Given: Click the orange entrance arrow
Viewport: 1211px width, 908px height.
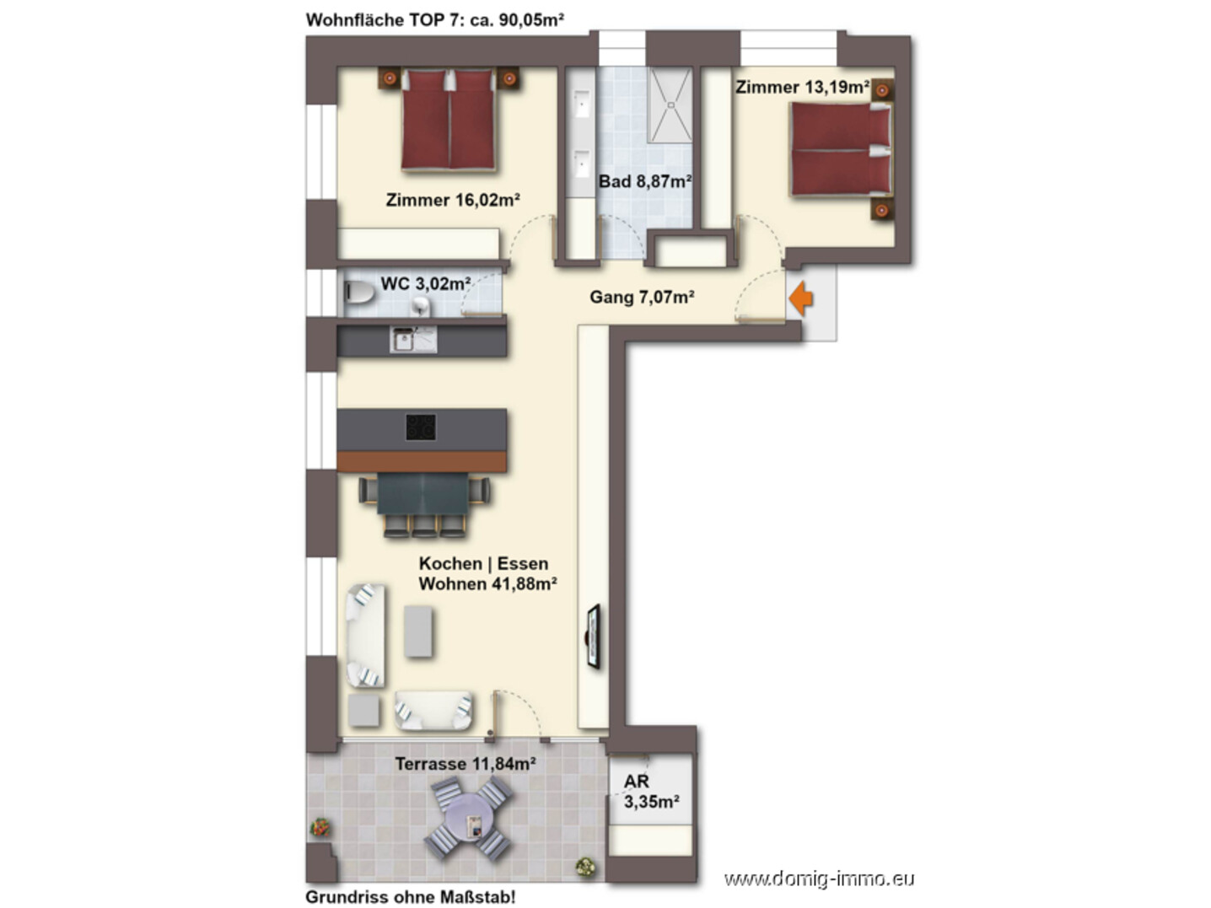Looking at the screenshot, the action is tap(800, 298).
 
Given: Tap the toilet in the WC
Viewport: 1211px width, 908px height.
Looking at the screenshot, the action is tap(358, 293).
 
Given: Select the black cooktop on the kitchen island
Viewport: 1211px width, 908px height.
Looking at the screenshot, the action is tap(421, 427).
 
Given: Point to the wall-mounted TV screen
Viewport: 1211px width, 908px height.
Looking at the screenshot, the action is tap(593, 637).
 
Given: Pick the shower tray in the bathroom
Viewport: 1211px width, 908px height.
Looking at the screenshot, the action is tap(670, 105).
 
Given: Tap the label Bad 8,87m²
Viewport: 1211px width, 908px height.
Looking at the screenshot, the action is tap(645, 180).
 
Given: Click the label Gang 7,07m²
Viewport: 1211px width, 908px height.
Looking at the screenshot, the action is tap(642, 297).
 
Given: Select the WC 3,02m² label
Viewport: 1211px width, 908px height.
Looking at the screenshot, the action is tap(425, 283).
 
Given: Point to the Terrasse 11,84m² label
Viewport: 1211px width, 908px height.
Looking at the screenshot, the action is tap(466, 764).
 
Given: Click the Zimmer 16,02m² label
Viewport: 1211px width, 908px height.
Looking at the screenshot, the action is tap(452, 200).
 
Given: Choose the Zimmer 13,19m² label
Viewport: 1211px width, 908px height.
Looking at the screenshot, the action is tap(802, 87).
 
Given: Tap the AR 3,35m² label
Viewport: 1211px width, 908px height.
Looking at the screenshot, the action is tap(651, 791).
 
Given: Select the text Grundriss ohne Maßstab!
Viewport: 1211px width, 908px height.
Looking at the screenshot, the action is tap(411, 896).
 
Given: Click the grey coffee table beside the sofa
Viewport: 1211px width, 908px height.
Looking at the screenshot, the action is tap(417, 631).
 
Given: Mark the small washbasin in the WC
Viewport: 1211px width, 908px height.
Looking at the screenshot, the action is tap(421, 305).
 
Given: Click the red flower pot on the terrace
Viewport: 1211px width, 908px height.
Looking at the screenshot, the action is tap(320, 828).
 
